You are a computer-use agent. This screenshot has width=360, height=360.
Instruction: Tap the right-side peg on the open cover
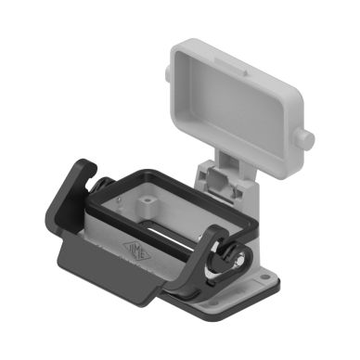306,140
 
